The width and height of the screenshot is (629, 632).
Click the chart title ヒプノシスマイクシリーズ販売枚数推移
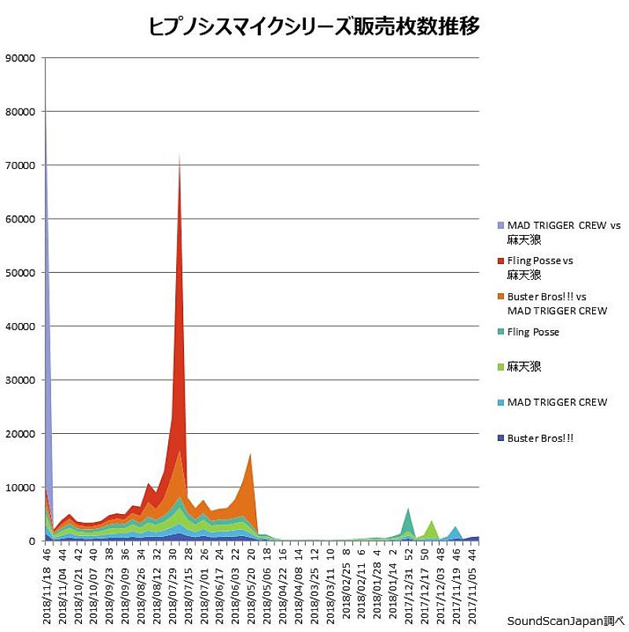point(314,27)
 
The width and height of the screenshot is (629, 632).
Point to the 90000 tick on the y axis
point(20,57)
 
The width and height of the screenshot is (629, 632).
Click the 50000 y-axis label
point(20,273)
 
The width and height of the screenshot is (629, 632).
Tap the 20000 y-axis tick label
point(20,434)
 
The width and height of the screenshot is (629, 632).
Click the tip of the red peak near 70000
point(179,155)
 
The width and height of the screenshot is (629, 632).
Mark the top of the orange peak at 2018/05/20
point(250,454)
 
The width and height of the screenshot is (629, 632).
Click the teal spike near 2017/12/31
point(407,510)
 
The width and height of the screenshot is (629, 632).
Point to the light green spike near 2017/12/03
point(431,522)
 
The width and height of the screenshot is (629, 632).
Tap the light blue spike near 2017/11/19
point(455,527)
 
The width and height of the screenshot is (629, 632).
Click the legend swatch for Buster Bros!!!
point(500,438)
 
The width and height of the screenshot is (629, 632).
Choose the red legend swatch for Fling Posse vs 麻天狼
point(500,260)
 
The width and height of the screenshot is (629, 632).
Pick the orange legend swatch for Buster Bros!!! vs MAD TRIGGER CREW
point(500,297)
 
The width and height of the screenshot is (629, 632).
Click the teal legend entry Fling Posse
point(533,332)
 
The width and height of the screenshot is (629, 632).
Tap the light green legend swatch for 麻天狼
point(500,367)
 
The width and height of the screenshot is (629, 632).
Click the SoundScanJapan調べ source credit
point(565,619)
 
